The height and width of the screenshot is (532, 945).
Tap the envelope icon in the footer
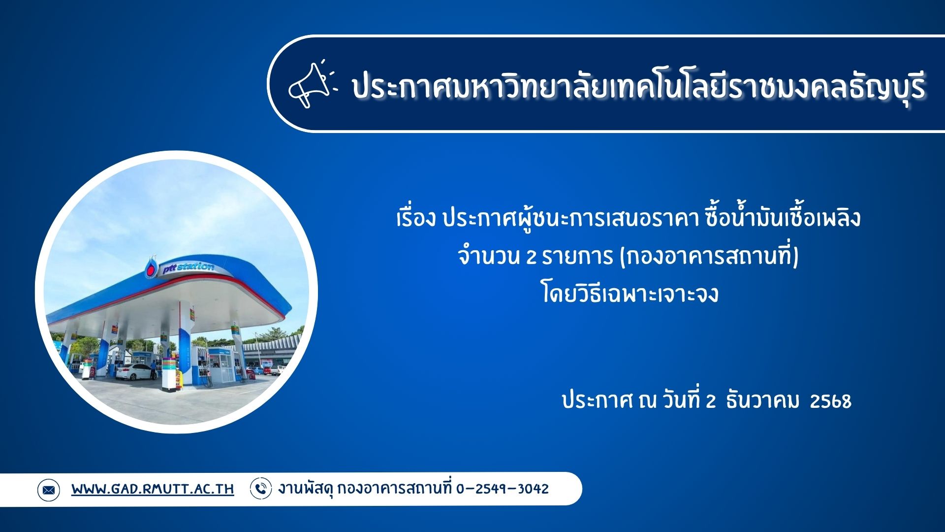pos(48,490)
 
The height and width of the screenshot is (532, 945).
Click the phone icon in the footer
pos(261,489)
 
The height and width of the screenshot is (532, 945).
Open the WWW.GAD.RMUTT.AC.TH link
pos(153,489)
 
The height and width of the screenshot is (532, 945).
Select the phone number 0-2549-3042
pos(502,489)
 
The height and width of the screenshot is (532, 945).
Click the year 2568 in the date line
pos(830,401)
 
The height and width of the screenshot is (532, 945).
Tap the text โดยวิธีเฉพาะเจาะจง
pos(630,295)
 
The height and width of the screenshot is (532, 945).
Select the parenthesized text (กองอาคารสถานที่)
pos(709,257)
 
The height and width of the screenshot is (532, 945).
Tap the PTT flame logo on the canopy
pos(151,268)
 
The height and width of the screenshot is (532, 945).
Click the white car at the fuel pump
pos(134,371)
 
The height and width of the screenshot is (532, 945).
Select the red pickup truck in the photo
pos(267,370)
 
